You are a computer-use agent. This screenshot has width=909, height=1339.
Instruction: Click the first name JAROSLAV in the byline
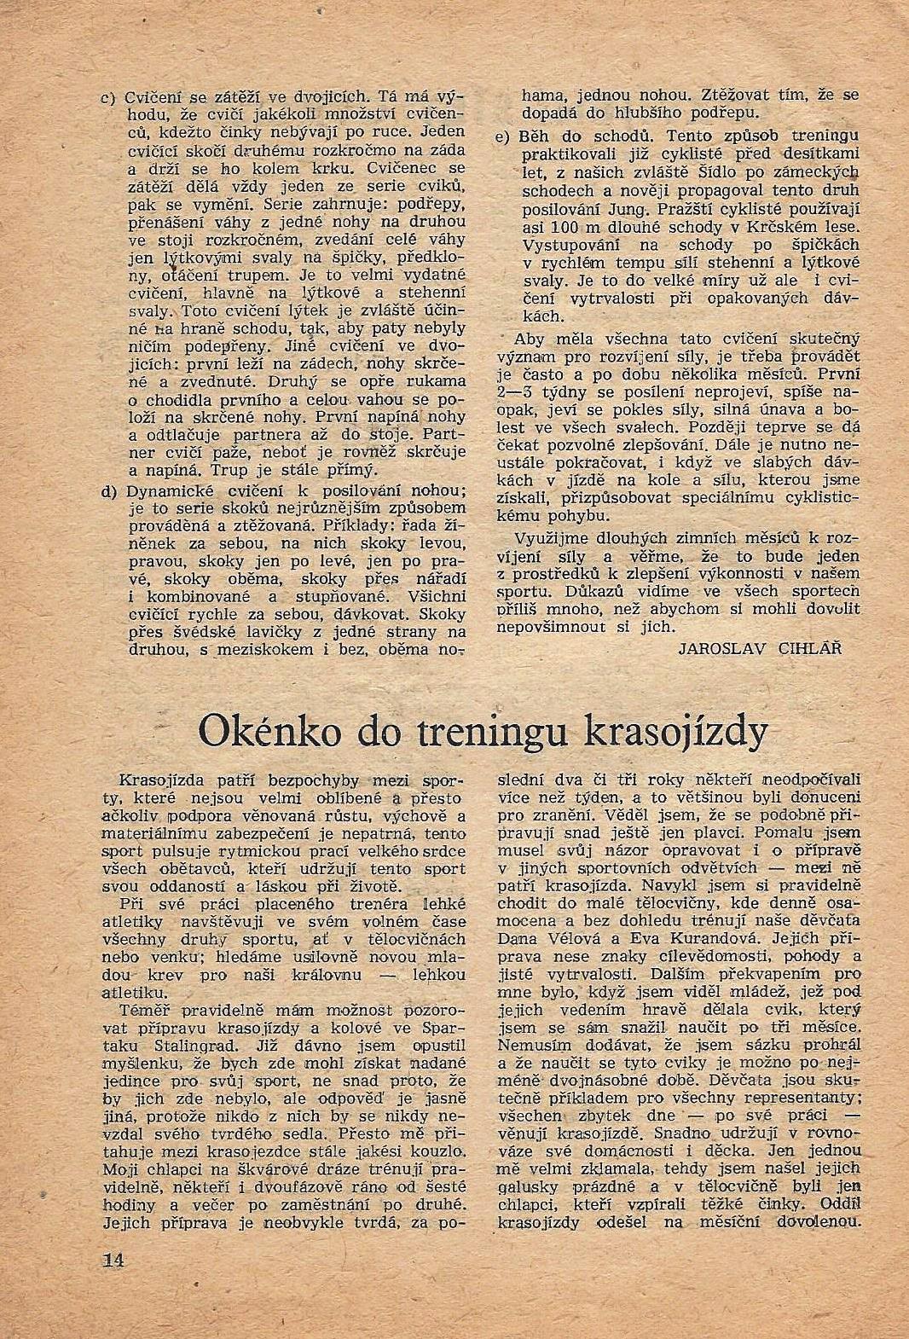coord(722,647)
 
